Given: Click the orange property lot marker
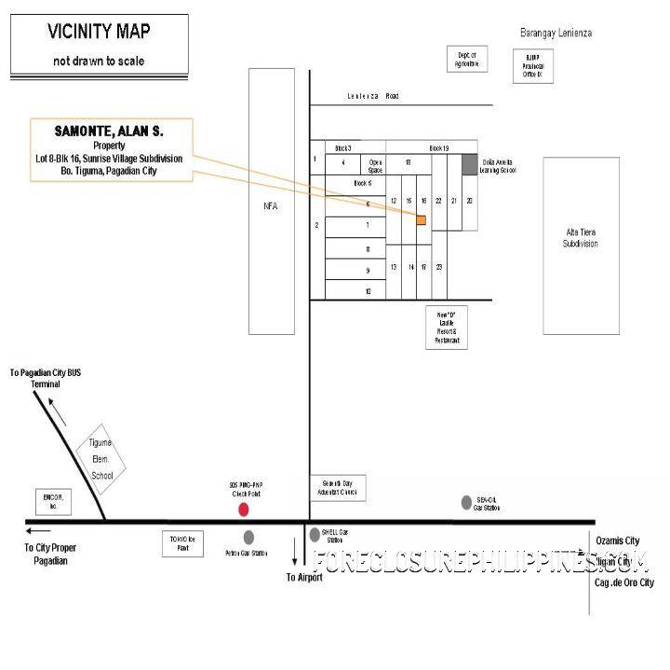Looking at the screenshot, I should point(421,221).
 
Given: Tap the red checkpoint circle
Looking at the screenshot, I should point(244,509).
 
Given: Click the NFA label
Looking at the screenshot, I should point(272,207).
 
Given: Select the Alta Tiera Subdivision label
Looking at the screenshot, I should point(580,237).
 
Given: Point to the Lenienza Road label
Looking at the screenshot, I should point(372,96).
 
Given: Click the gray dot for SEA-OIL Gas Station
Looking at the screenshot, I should point(466,502).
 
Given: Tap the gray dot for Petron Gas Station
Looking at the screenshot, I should point(248,537).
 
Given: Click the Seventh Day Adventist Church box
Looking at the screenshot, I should point(338,488).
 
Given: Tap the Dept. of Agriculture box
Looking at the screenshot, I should point(467,60).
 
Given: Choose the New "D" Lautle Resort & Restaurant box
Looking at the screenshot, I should point(445,328).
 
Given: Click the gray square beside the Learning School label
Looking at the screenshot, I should point(469,165).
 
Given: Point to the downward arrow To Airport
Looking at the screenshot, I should point(295,559).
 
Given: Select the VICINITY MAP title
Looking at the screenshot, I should point(99,33).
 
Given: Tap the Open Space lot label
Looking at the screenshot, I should point(376,165).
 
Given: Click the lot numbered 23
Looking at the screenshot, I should point(438,267).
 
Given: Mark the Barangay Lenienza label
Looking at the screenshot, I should point(556,33).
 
